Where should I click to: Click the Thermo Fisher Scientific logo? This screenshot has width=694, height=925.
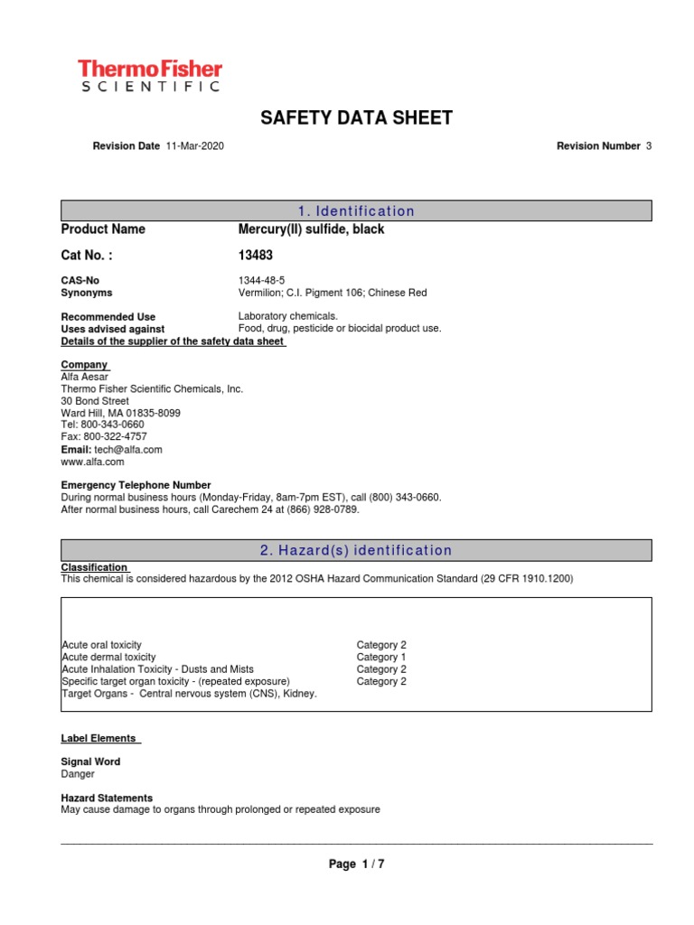(x=149, y=76)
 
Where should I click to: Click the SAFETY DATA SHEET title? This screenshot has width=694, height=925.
(x=356, y=118)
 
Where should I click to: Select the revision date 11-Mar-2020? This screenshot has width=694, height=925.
(x=195, y=146)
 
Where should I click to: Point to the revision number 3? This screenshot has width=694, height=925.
(x=648, y=146)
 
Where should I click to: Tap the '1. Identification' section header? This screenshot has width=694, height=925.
(x=356, y=211)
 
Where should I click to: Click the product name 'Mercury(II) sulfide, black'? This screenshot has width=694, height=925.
(x=311, y=229)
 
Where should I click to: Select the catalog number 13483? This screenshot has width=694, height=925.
(x=255, y=256)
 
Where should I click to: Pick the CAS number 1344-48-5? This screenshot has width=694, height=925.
(x=261, y=281)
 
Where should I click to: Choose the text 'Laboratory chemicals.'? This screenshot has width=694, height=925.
(x=287, y=316)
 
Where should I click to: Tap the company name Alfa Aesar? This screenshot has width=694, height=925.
(x=86, y=377)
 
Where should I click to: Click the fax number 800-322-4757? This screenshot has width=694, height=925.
(x=113, y=436)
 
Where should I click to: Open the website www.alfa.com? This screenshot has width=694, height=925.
(x=92, y=462)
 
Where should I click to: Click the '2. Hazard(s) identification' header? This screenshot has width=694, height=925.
(x=356, y=550)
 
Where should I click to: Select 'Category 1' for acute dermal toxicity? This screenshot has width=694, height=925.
(x=381, y=658)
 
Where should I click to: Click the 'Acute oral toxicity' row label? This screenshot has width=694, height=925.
(x=101, y=645)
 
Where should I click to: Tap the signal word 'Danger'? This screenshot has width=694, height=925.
(x=77, y=774)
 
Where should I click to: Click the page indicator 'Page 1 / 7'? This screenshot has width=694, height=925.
(x=356, y=864)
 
